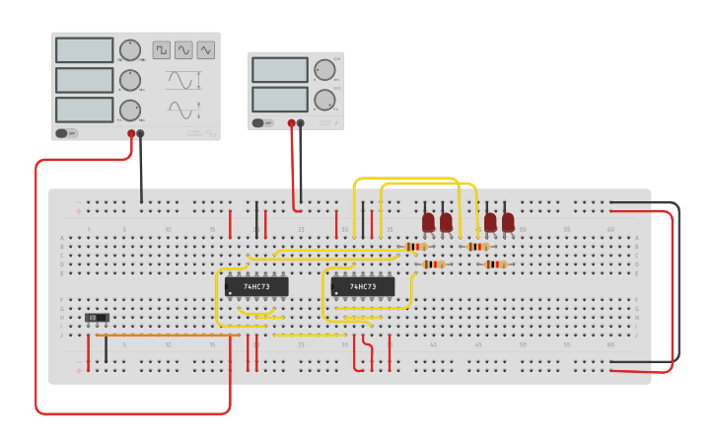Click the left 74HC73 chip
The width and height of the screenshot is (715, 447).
pyautogui.click(x=256, y=286)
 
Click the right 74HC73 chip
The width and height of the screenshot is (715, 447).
pyautogui.click(x=363, y=286)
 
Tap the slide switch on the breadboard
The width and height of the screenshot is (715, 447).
pyautogui.click(x=97, y=318)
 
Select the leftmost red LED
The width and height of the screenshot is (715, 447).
pyautogui.click(x=428, y=223)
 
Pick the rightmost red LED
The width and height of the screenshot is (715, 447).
pyautogui.click(x=508, y=223)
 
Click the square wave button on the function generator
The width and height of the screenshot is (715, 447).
pyautogui.click(x=161, y=49)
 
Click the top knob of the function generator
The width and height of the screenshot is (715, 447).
pyautogui.click(x=130, y=50)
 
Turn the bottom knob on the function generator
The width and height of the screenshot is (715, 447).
pyautogui.click(x=130, y=110)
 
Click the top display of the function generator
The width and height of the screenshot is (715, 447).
pyautogui.click(x=85, y=50)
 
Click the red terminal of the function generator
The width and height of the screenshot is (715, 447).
pyautogui.click(x=131, y=133)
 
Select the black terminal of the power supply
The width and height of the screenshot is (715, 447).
pyautogui.click(x=301, y=123)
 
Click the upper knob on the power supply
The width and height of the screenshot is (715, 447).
pyautogui.click(x=324, y=70)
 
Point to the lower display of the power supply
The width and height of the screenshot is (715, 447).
pyautogui.click(x=280, y=100)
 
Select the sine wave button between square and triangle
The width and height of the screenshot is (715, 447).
pyautogui.click(x=183, y=49)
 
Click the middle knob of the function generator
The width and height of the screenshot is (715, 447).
pyautogui.click(x=130, y=80)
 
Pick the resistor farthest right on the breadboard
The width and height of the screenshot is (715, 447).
pyautogui.click(x=495, y=263)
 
